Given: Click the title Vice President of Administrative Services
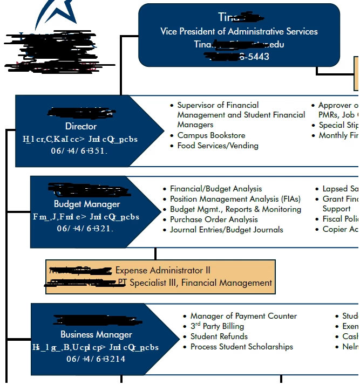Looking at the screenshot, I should click(x=239, y=31).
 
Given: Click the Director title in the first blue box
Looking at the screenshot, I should click(x=81, y=126).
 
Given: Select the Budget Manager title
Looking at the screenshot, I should click(x=87, y=204).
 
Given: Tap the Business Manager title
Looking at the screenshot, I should click(x=96, y=334).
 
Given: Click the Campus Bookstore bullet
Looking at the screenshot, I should click(x=211, y=135).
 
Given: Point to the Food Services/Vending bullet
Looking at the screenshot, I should click(x=218, y=146).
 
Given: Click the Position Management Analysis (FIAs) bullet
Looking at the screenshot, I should click(x=232, y=199).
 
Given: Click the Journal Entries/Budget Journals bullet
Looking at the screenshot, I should click(x=226, y=230).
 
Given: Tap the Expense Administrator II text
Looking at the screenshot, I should click(x=163, y=270).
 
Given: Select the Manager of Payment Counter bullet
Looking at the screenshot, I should click(x=243, y=316).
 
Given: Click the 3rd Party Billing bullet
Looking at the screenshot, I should click(x=217, y=326).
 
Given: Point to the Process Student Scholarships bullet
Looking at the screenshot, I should click(x=241, y=347).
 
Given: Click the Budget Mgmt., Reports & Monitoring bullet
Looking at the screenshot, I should click(x=235, y=209).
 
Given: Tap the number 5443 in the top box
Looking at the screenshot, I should click(x=258, y=56).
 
